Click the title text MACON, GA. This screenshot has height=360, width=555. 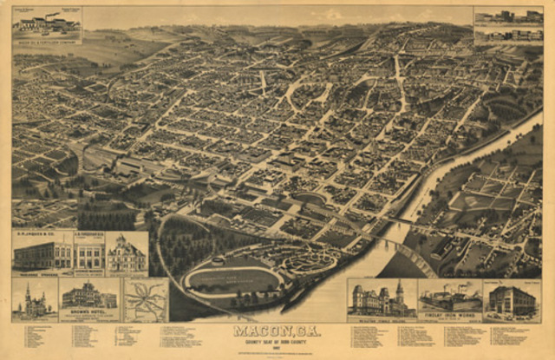point(277,331)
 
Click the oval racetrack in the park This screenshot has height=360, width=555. point(232,279)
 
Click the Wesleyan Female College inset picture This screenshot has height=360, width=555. point(382,298)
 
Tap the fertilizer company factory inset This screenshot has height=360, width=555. point(47,23)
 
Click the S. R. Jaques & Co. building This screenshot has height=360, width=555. point(42,254)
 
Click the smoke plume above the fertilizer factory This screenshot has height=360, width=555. point(52,14)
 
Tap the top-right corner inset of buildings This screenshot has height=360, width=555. point(508,24)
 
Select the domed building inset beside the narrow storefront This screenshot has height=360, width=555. point(127,255)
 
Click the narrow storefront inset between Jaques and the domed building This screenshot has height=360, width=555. point(89,254)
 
